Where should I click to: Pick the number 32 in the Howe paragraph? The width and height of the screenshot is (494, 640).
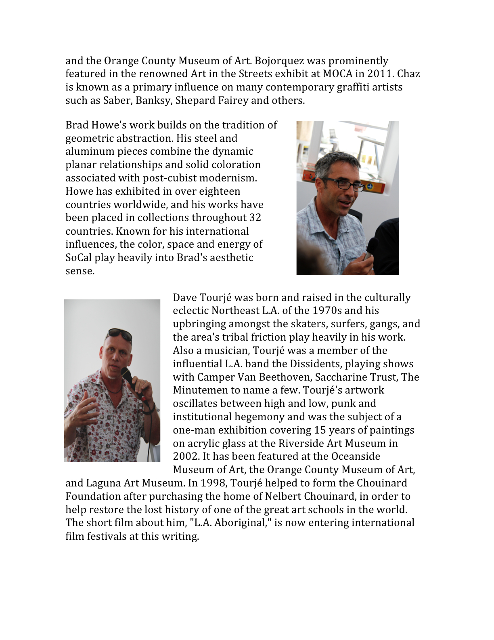pos(255,217)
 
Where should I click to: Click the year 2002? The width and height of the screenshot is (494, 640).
pos(185,456)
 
